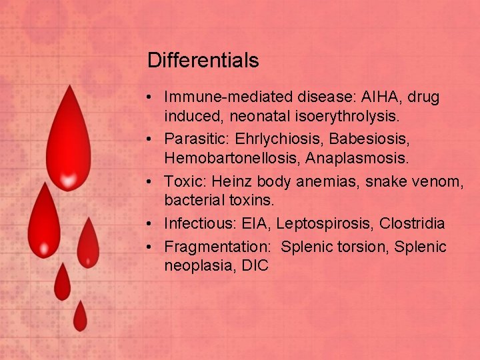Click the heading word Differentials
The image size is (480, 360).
coord(203,61)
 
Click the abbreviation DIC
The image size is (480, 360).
coord(255,265)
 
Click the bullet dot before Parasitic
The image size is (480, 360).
coord(153,141)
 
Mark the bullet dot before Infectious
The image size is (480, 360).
coord(153,224)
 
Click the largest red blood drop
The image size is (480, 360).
coord(67,147)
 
